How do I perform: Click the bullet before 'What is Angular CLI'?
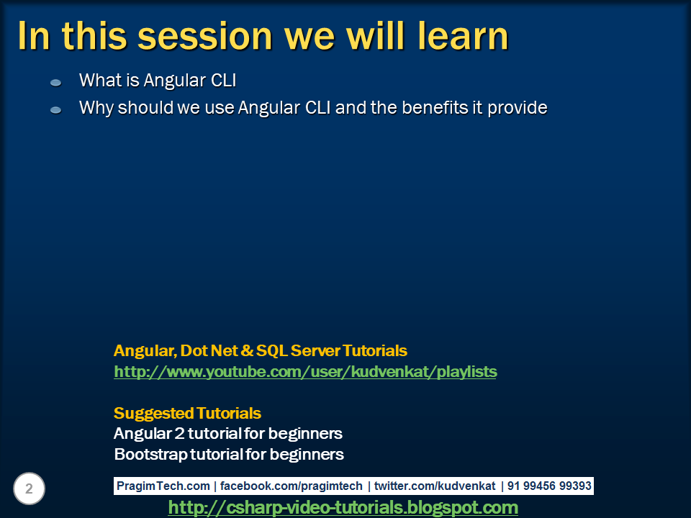[56, 83]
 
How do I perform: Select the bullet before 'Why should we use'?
[56, 110]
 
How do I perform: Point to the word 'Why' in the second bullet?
[96, 108]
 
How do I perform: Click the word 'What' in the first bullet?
[99, 80]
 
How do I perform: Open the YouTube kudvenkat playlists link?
[305, 372]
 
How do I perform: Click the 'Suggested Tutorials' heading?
[187, 413]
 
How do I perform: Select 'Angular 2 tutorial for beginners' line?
[227, 434]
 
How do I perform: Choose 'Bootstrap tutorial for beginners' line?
[228, 455]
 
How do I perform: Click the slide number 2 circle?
[29, 489]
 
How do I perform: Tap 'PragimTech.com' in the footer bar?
[163, 486]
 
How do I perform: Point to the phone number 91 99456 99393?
[548, 486]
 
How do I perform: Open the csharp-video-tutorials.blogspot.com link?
[343, 508]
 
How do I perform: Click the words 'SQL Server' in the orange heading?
[298, 351]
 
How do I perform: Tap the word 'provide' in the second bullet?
[518, 108]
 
